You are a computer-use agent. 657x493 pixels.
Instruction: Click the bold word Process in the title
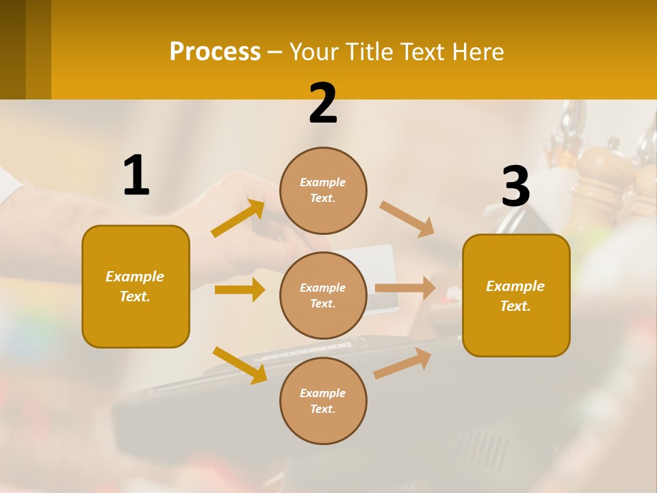[x=215, y=52]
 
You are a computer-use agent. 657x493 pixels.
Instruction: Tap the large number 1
[x=136, y=175]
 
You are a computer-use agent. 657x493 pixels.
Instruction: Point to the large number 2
[x=323, y=103]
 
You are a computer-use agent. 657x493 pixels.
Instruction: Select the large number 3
[x=515, y=187]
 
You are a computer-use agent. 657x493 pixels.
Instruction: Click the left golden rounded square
[x=136, y=286]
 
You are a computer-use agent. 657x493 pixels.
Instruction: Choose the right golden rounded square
[x=516, y=295]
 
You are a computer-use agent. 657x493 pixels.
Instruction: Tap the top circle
[x=323, y=190]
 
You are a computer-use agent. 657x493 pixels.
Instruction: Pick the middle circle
[x=323, y=295]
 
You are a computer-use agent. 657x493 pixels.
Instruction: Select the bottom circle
[x=323, y=401]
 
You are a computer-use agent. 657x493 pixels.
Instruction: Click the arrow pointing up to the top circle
[x=238, y=218]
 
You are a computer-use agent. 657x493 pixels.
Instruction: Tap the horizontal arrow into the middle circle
[x=240, y=290]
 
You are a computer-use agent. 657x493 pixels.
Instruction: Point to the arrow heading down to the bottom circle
[x=240, y=365]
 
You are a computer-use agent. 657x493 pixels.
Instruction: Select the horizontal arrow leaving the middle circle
[x=405, y=288]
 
